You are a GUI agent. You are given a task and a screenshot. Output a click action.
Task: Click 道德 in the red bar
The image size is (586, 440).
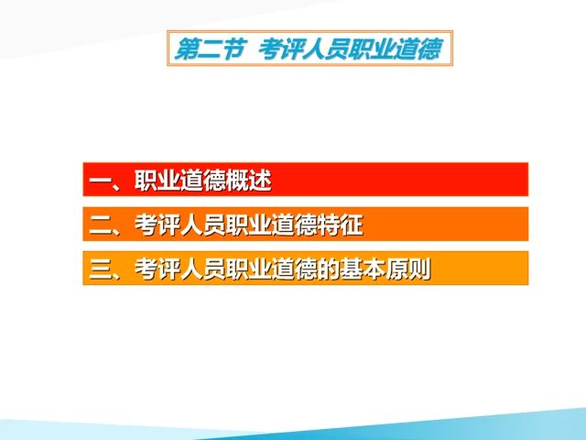pyautogui.click(x=202, y=181)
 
